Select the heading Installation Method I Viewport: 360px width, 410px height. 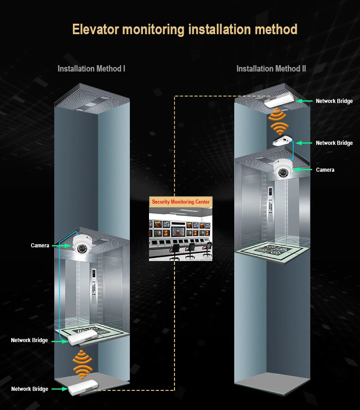91,69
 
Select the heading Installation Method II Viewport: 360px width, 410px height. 271,69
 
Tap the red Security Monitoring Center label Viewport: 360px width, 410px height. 181,202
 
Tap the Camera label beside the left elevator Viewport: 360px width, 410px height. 40,246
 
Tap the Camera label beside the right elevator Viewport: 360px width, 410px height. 325,170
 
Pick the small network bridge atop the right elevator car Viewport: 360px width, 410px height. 283,142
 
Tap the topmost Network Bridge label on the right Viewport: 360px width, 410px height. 334,101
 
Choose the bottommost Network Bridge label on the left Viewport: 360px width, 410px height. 30,389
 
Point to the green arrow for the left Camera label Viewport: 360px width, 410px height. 61,246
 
